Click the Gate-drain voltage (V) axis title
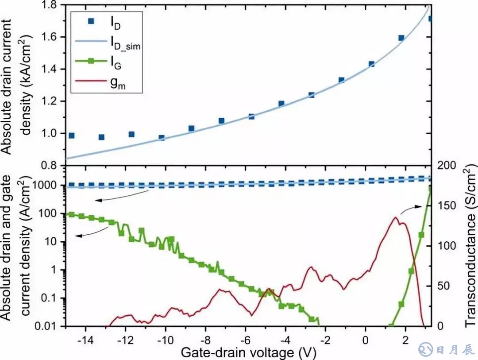(x=248, y=353)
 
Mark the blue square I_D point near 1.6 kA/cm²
(x=401, y=38)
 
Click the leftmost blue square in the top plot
(x=72, y=135)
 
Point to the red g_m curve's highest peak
(x=395, y=217)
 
